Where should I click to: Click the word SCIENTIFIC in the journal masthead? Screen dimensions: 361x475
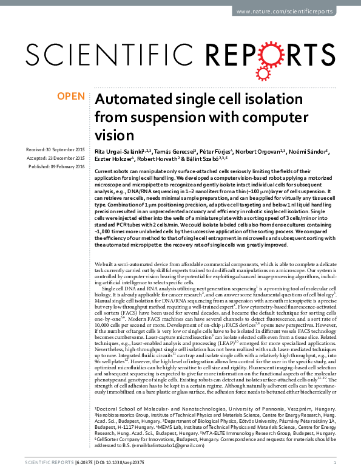[x=102, y=55]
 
